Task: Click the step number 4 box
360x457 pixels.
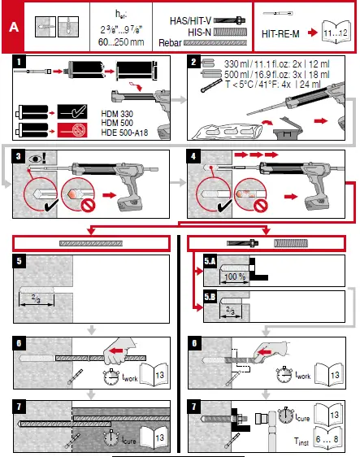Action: click(193, 155)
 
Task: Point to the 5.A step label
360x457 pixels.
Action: click(210, 261)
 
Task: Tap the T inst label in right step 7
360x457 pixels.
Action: click(301, 438)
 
